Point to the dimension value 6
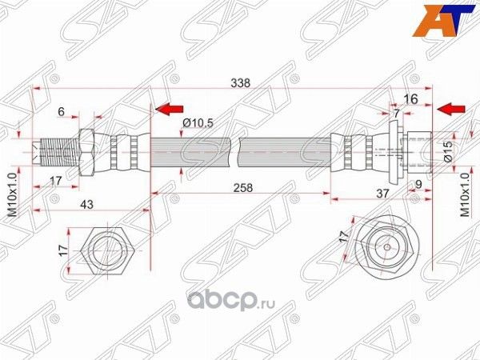pyautogui.click(x=62, y=113)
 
